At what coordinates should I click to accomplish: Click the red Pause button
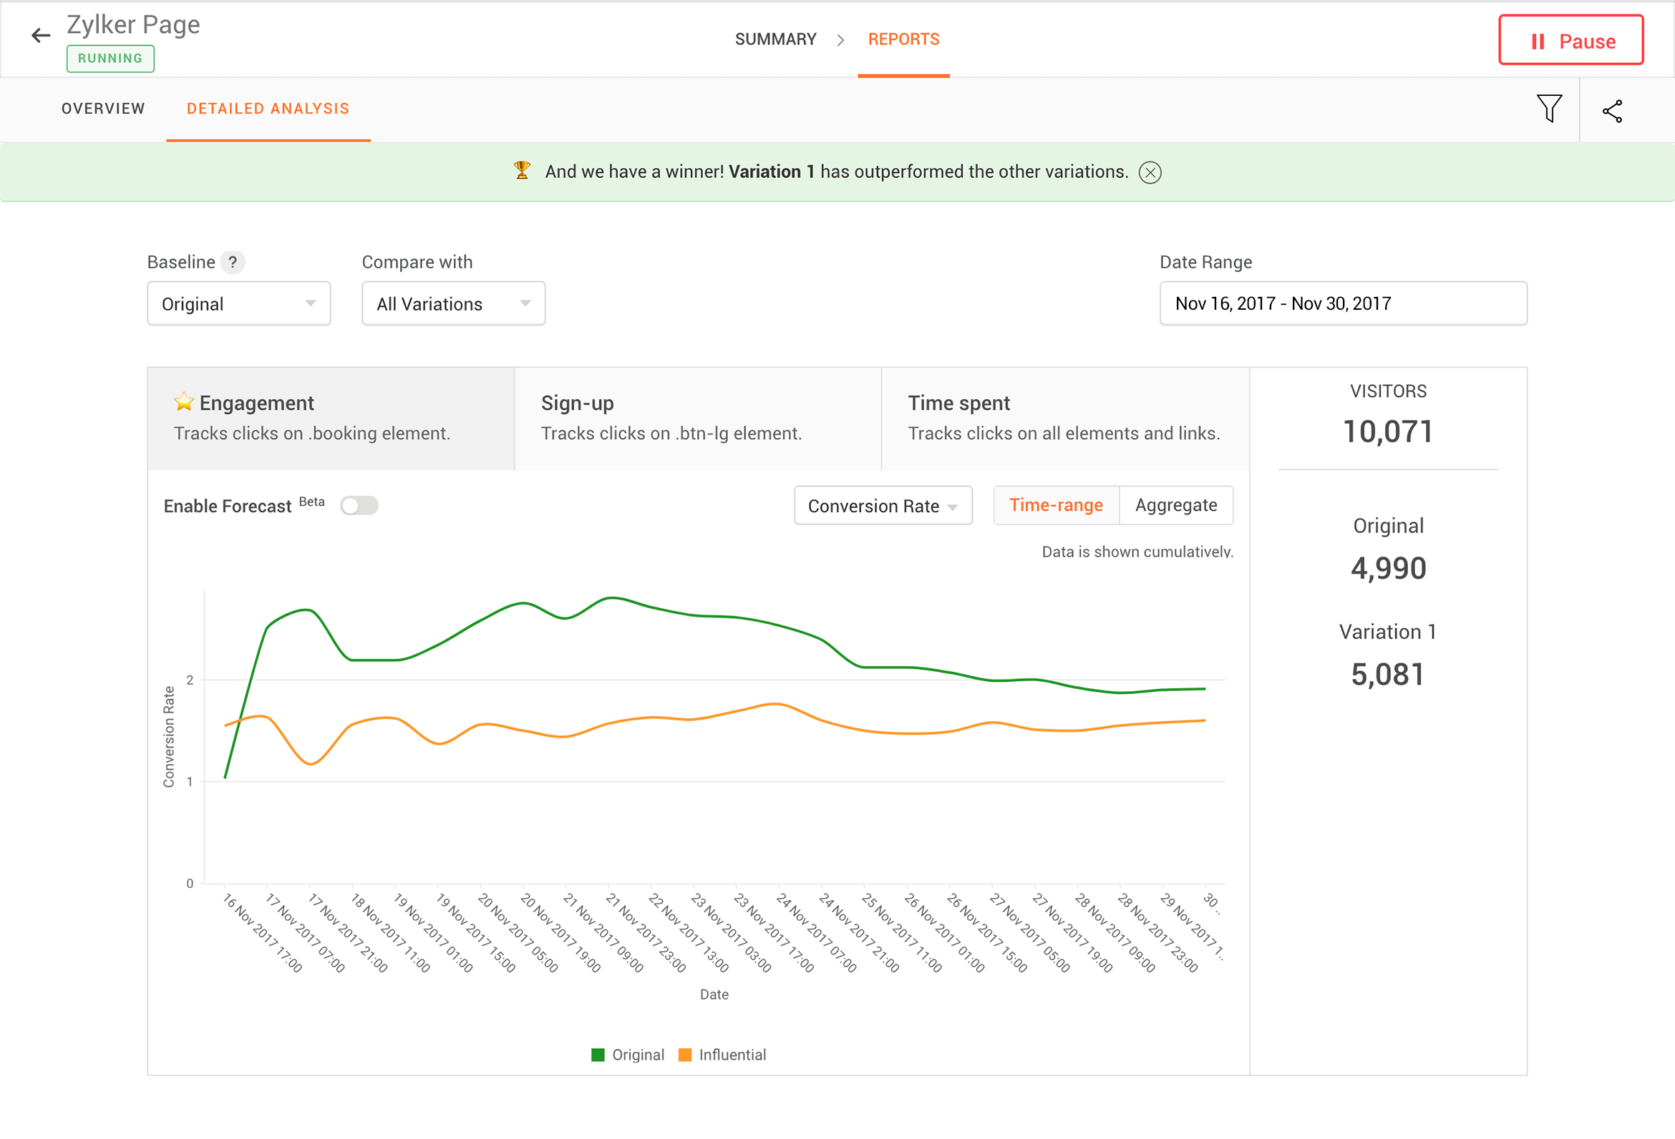click(x=1570, y=40)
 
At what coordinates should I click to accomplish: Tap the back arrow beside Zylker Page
click(x=40, y=35)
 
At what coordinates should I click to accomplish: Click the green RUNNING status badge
click(x=110, y=59)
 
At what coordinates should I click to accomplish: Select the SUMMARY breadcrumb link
click(x=775, y=39)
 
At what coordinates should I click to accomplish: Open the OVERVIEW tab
click(x=103, y=109)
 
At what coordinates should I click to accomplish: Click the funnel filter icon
click(x=1548, y=109)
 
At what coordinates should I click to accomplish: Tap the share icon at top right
click(x=1612, y=111)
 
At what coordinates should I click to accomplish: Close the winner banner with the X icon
click(x=1150, y=172)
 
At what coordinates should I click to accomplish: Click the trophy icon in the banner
click(x=522, y=171)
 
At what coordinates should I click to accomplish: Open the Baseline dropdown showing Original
click(x=238, y=303)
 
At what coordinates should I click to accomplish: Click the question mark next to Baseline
click(x=232, y=263)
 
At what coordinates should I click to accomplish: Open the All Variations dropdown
click(x=453, y=303)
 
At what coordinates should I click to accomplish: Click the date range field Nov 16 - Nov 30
click(x=1342, y=303)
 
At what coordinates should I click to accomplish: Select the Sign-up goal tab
click(x=697, y=419)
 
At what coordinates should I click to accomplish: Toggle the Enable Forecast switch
click(x=359, y=506)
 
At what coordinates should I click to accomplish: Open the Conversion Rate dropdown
click(x=882, y=506)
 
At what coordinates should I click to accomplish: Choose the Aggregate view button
click(x=1175, y=505)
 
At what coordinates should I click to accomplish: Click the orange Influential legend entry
click(x=722, y=1055)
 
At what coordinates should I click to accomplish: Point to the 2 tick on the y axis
click(x=190, y=680)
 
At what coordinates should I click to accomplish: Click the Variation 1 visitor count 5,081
click(x=1387, y=675)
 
